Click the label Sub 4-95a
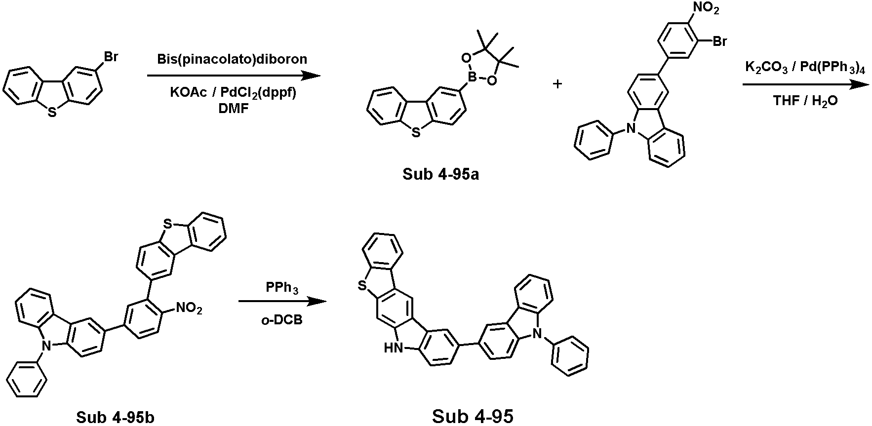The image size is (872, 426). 440,175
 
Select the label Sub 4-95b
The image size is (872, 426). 115,417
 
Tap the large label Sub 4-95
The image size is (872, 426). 473,416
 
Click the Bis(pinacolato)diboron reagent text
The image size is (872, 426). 232,60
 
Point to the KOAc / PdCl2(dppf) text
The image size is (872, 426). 233,92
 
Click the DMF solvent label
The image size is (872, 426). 233,110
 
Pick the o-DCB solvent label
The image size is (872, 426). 282,319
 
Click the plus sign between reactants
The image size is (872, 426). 557,84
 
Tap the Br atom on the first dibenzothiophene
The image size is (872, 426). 111,57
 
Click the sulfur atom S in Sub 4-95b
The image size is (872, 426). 168,225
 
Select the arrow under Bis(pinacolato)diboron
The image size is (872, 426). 234,76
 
